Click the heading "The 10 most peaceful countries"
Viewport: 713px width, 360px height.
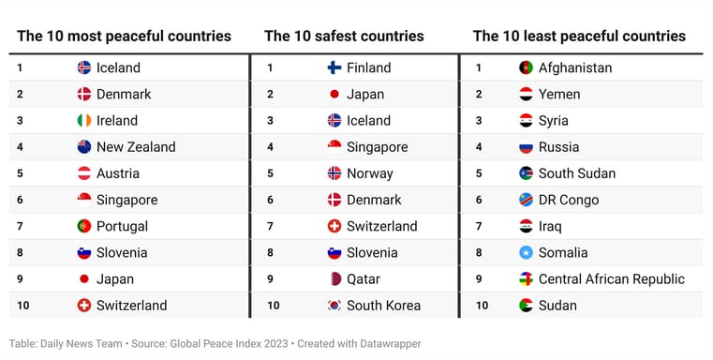pyautogui.click(x=124, y=37)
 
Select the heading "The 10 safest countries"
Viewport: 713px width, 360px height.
pyautogui.click(x=344, y=37)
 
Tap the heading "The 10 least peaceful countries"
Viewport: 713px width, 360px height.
pyautogui.click(x=579, y=37)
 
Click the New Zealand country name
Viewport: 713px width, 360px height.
pyautogui.click(x=136, y=147)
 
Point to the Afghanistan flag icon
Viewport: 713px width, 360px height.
pyautogui.click(x=527, y=67)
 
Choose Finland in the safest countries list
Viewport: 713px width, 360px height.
pyautogui.click(x=368, y=67)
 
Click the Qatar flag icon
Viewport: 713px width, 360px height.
pyautogui.click(x=334, y=279)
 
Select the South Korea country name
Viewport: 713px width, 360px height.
pyautogui.click(x=383, y=306)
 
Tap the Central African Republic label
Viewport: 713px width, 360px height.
pyautogui.click(x=612, y=279)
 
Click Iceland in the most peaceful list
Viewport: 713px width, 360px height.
pyautogui.click(x=118, y=67)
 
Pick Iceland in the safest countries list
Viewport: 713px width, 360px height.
pyautogui.click(x=368, y=121)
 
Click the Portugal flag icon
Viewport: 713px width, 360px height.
pyautogui.click(x=84, y=226)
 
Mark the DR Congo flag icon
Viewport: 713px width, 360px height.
pyautogui.click(x=527, y=200)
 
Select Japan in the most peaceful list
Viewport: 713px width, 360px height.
pyautogui.click(x=115, y=279)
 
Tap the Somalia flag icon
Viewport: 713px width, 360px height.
pyautogui.click(x=527, y=253)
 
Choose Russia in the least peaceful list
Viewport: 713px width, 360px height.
pyautogui.click(x=558, y=147)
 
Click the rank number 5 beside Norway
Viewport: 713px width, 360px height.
pyautogui.click(x=270, y=173)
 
